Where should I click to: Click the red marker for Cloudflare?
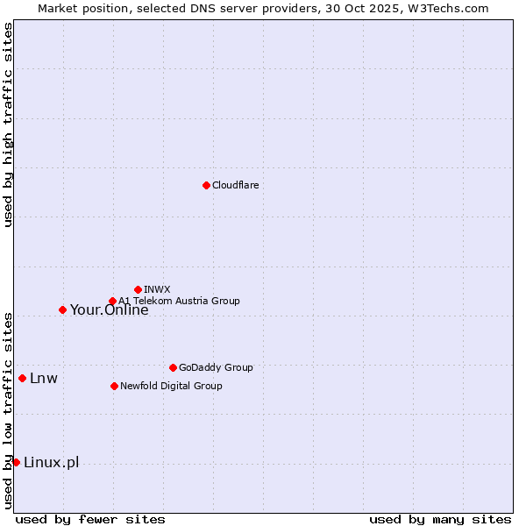pyautogui.click(x=206, y=185)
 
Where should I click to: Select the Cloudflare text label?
pyautogui.click(x=236, y=185)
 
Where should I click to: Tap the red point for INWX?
pyautogui.click(x=138, y=289)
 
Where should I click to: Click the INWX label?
pyautogui.click(x=157, y=289)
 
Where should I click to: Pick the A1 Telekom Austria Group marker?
pyautogui.click(x=112, y=302)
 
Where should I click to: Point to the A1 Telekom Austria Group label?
pyautogui.click(x=179, y=301)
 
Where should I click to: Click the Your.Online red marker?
pyautogui.click(x=62, y=309)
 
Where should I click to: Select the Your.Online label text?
pyautogui.click(x=109, y=309)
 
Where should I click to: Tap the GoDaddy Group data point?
pyautogui.click(x=173, y=367)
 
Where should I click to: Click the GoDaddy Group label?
pyautogui.click(x=216, y=367)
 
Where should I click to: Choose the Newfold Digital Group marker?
pyautogui.click(x=114, y=386)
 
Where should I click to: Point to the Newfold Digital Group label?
pyautogui.click(x=171, y=386)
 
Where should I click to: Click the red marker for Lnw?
pyautogui.click(x=22, y=378)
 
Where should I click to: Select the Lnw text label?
pyautogui.click(x=44, y=379)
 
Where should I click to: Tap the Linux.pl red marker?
pyautogui.click(x=16, y=462)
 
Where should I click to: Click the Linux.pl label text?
pyautogui.click(x=51, y=463)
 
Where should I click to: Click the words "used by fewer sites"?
pyautogui.click(x=90, y=519)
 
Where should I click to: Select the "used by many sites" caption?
pyautogui.click(x=440, y=519)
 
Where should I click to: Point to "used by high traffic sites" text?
pyautogui.click(x=8, y=124)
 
